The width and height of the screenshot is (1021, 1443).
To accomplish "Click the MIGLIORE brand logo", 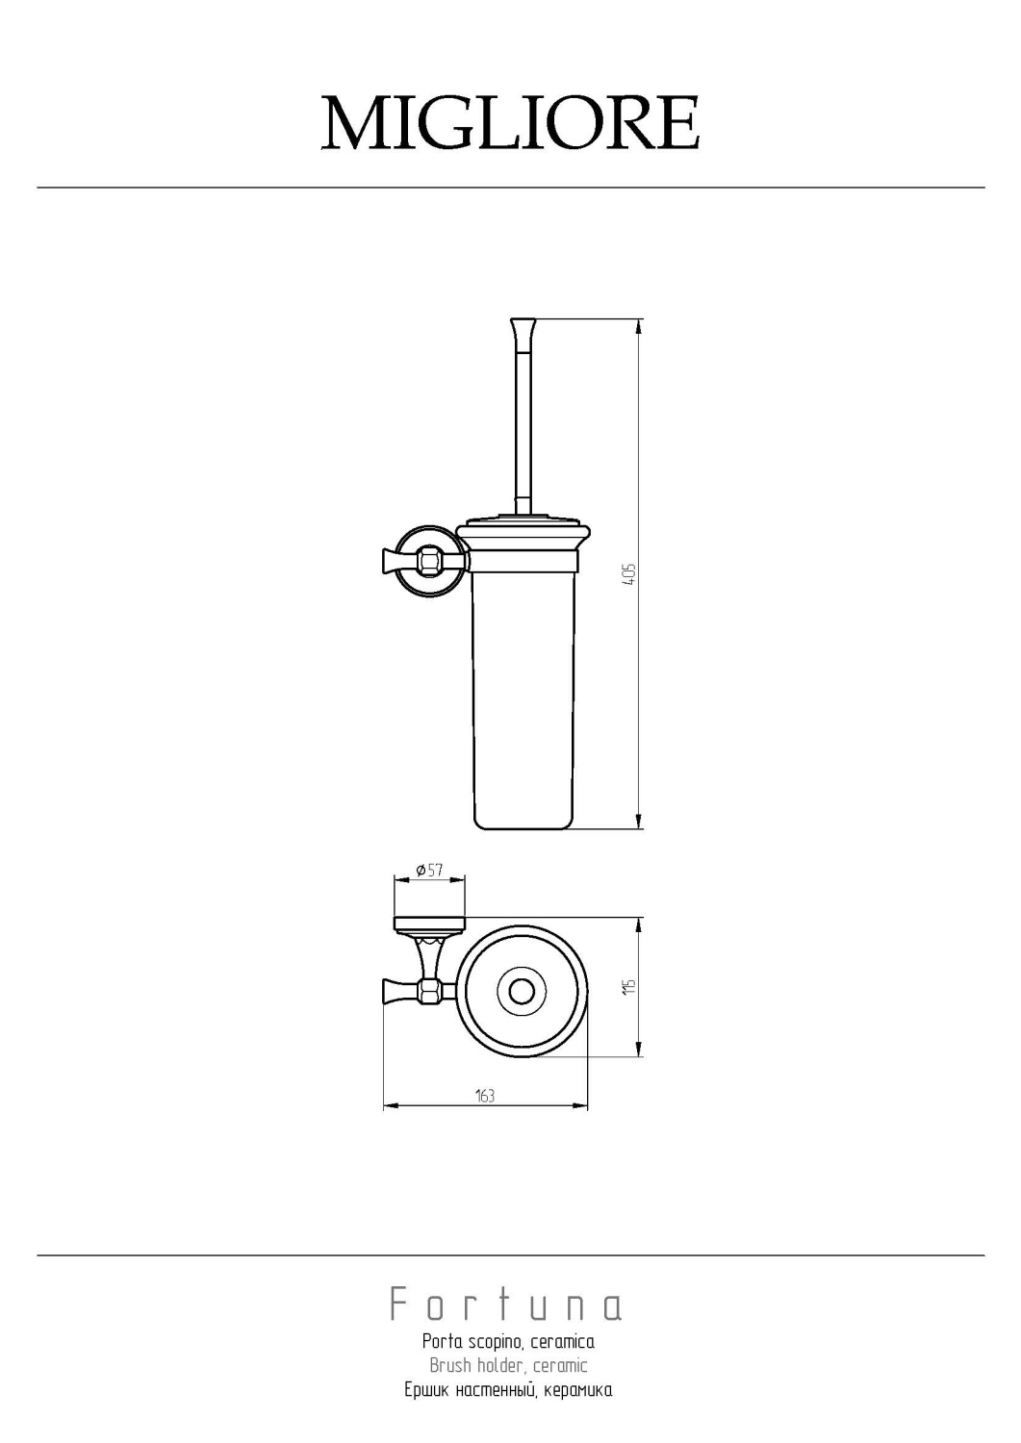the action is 510,123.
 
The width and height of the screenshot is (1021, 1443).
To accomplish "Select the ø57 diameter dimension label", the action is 429,871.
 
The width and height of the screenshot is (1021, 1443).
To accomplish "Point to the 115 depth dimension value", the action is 630,986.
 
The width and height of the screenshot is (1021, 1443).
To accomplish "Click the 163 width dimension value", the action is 485,1096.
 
